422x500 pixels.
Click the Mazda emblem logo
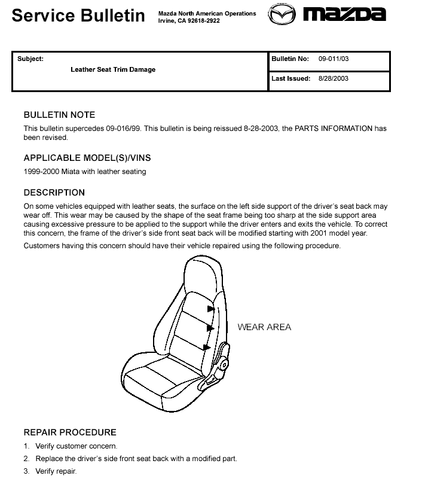point(282,14)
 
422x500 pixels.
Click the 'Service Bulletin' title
point(78,16)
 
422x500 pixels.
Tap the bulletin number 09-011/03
point(334,59)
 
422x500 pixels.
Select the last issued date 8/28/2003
point(334,78)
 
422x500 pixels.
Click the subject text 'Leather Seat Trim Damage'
point(113,69)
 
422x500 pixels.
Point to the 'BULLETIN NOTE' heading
point(59,115)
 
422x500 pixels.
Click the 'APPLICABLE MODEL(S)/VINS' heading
point(87,158)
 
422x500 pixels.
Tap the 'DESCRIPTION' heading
point(54,193)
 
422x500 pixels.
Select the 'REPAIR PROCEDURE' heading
point(70,432)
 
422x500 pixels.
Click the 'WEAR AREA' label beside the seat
point(264,327)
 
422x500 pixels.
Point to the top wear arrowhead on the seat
point(210,309)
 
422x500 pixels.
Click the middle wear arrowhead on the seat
point(210,328)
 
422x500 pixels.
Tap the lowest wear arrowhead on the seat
point(207,347)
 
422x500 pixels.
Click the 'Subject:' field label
point(30,59)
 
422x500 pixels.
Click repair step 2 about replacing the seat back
point(136,459)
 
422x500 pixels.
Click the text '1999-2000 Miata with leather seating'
point(85,172)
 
